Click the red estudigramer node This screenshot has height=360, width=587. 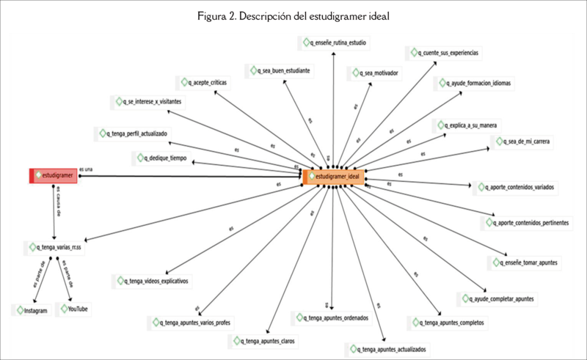click(x=54, y=176)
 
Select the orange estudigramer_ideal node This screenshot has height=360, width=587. click(x=334, y=176)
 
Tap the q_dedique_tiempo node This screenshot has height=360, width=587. click(x=161, y=158)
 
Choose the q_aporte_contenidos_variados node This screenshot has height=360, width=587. click(x=516, y=188)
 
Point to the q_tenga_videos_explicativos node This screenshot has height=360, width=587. click(x=153, y=281)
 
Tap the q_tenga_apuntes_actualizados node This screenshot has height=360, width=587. click(x=390, y=349)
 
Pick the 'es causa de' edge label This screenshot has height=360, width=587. click(x=58, y=202)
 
